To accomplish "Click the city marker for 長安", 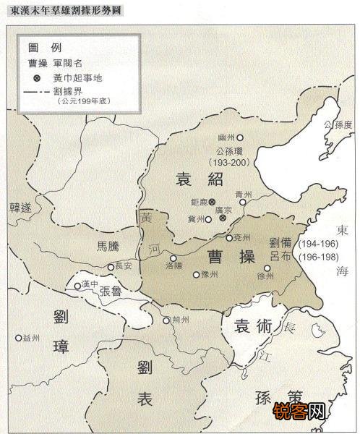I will point(111,266).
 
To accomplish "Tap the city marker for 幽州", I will point(241,137).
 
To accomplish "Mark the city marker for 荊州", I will point(166,320).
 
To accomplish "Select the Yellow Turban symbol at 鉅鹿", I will point(213,202).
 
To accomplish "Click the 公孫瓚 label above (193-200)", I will point(231,151).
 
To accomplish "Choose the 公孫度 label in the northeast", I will point(338,124).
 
